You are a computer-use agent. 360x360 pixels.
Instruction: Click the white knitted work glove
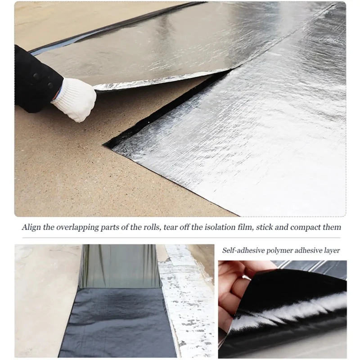pos(75,99)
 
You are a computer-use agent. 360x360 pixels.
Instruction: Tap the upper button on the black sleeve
pos(36,76)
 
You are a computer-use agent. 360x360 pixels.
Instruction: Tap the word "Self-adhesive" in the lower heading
pos(243,250)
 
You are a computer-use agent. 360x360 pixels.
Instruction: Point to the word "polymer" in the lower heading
pos(279,251)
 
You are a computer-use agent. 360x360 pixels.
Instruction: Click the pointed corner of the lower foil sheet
pos(104,144)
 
